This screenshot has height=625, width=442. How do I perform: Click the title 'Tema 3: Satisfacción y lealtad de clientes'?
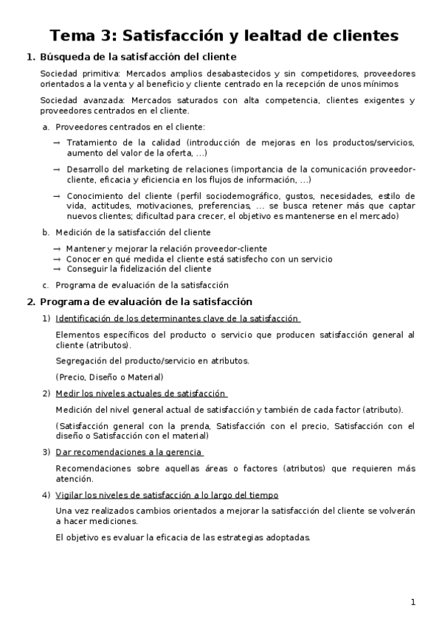click(x=224, y=35)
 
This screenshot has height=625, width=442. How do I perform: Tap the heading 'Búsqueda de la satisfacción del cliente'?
click(x=137, y=57)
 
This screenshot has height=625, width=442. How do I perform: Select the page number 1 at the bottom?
click(x=413, y=602)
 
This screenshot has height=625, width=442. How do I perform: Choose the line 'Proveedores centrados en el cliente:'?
click(x=130, y=127)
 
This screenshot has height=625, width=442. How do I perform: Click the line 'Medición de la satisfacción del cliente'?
click(x=133, y=232)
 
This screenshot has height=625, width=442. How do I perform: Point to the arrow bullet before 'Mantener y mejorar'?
click(x=57, y=249)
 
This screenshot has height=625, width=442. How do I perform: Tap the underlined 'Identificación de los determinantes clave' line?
click(x=177, y=318)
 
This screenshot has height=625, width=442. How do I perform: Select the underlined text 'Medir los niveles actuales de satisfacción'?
click(x=140, y=393)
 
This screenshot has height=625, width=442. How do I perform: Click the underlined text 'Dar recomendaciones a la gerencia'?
click(x=129, y=451)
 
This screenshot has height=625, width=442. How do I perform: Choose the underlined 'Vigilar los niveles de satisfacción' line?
click(x=167, y=495)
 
